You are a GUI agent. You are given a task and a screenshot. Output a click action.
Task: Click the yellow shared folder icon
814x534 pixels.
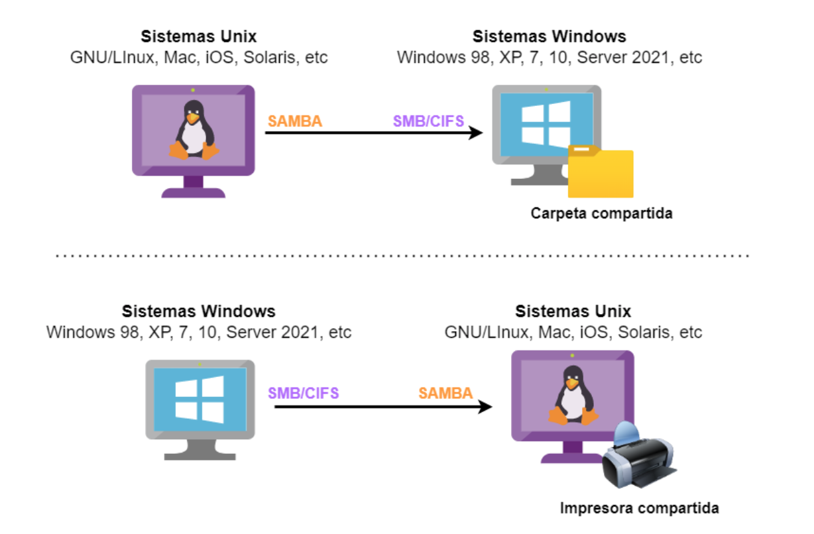(x=601, y=174)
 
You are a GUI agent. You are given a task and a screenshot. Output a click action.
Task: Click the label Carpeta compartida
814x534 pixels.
(x=601, y=214)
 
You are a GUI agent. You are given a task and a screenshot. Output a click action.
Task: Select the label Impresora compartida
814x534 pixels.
(x=639, y=509)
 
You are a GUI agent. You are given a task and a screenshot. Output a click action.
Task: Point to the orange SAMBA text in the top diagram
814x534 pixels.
(x=295, y=121)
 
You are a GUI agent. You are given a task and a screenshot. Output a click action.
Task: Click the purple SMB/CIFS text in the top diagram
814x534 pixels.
(x=428, y=121)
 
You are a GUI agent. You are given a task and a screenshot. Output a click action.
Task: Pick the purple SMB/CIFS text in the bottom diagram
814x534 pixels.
(x=304, y=393)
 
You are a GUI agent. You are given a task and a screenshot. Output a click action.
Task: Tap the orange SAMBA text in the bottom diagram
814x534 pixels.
(x=445, y=393)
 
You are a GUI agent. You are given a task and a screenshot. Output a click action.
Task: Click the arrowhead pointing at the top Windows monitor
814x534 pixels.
(x=475, y=133)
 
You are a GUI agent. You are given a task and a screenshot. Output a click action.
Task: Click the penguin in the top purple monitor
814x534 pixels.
(x=193, y=131)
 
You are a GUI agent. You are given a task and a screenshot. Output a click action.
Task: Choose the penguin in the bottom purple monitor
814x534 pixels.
(x=572, y=396)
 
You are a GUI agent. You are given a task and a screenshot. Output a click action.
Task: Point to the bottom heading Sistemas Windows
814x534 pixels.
(x=199, y=311)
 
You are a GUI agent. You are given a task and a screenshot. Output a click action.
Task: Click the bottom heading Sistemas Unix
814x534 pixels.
(x=573, y=311)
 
